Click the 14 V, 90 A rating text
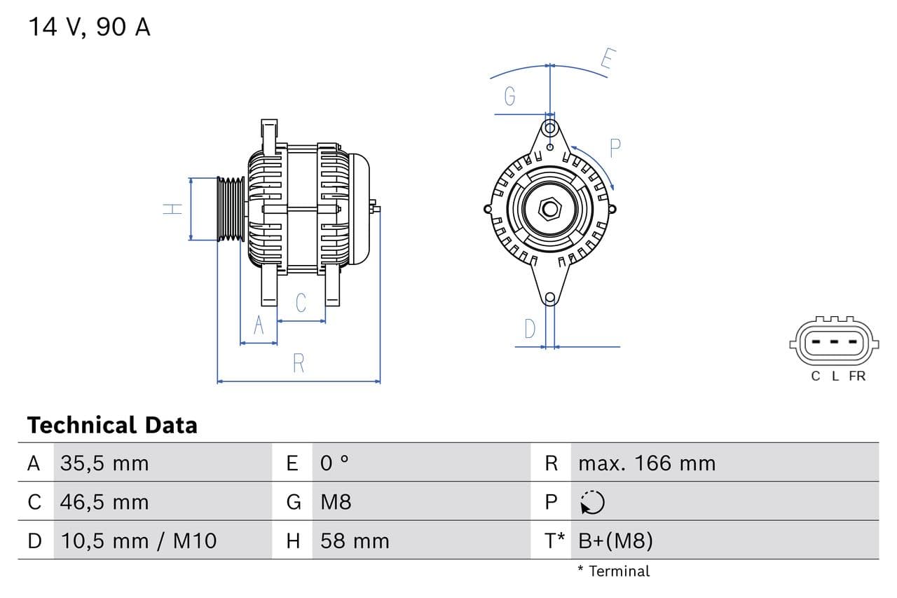(89, 27)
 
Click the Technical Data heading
(112, 425)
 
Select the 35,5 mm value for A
(104, 463)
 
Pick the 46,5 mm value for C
(104, 502)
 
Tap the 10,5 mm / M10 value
(139, 541)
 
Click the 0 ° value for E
(334, 463)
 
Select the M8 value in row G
(336, 502)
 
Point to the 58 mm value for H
(354, 541)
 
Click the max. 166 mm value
(647, 463)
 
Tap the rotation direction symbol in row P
(592, 502)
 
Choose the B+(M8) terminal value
(615, 541)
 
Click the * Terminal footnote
(613, 571)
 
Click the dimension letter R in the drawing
(299, 363)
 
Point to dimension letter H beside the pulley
(172, 209)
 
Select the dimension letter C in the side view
(301, 303)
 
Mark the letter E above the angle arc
(607, 60)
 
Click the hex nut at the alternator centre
(550, 209)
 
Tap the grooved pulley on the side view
(230, 209)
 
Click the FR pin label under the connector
(857, 376)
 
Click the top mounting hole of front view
(550, 128)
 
